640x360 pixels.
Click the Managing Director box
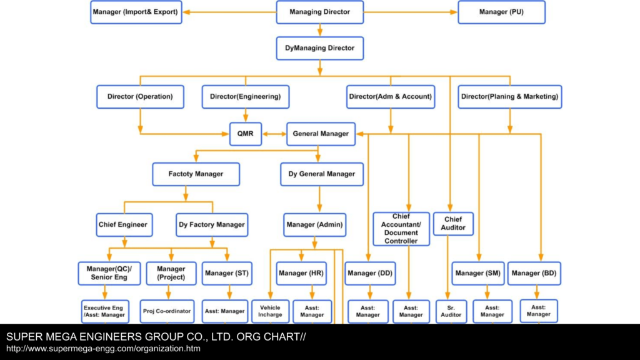(x=319, y=12)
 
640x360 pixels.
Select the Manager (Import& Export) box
(x=136, y=12)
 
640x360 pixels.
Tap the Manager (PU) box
(x=501, y=12)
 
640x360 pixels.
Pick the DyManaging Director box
(x=319, y=48)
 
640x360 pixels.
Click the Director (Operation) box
(x=140, y=97)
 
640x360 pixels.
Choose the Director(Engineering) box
(x=245, y=97)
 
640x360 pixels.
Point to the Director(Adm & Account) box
(x=391, y=97)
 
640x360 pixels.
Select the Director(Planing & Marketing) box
(x=510, y=97)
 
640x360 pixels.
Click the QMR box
(x=245, y=134)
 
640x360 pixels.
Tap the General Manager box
(x=321, y=134)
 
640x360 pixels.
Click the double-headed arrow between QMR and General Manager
(x=274, y=134)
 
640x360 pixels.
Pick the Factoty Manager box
(x=196, y=174)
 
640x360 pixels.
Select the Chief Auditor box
(x=453, y=224)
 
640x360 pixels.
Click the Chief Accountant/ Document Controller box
(x=401, y=229)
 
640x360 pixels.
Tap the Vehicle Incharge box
(x=270, y=311)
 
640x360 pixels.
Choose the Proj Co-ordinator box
(x=167, y=311)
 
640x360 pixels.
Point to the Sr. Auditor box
(x=451, y=311)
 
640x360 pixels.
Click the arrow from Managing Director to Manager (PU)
(x=411, y=12)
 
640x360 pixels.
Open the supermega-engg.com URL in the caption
(x=103, y=349)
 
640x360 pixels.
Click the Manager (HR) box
(x=301, y=274)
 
